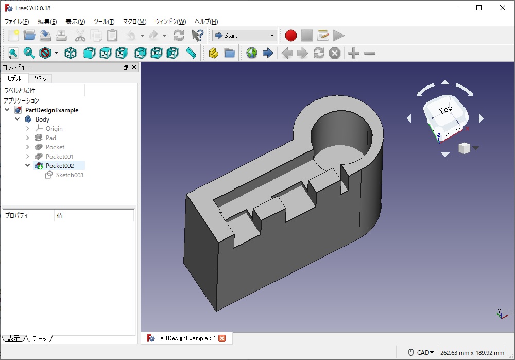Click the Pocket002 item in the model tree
coord(59,166)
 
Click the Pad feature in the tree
coord(50,138)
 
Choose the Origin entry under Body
coord(54,129)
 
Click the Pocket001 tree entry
coord(59,157)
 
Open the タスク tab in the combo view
coord(40,78)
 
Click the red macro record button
coord(291,36)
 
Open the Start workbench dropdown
coord(245,36)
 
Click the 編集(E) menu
coord(47,21)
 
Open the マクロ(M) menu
coord(134,21)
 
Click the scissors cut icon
coord(80,36)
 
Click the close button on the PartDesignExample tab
coord(222,338)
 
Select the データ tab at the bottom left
coord(39,338)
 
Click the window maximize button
coord(479,8)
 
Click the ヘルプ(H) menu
coord(206,21)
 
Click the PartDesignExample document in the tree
coord(51,110)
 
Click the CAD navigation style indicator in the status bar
coord(424,352)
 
